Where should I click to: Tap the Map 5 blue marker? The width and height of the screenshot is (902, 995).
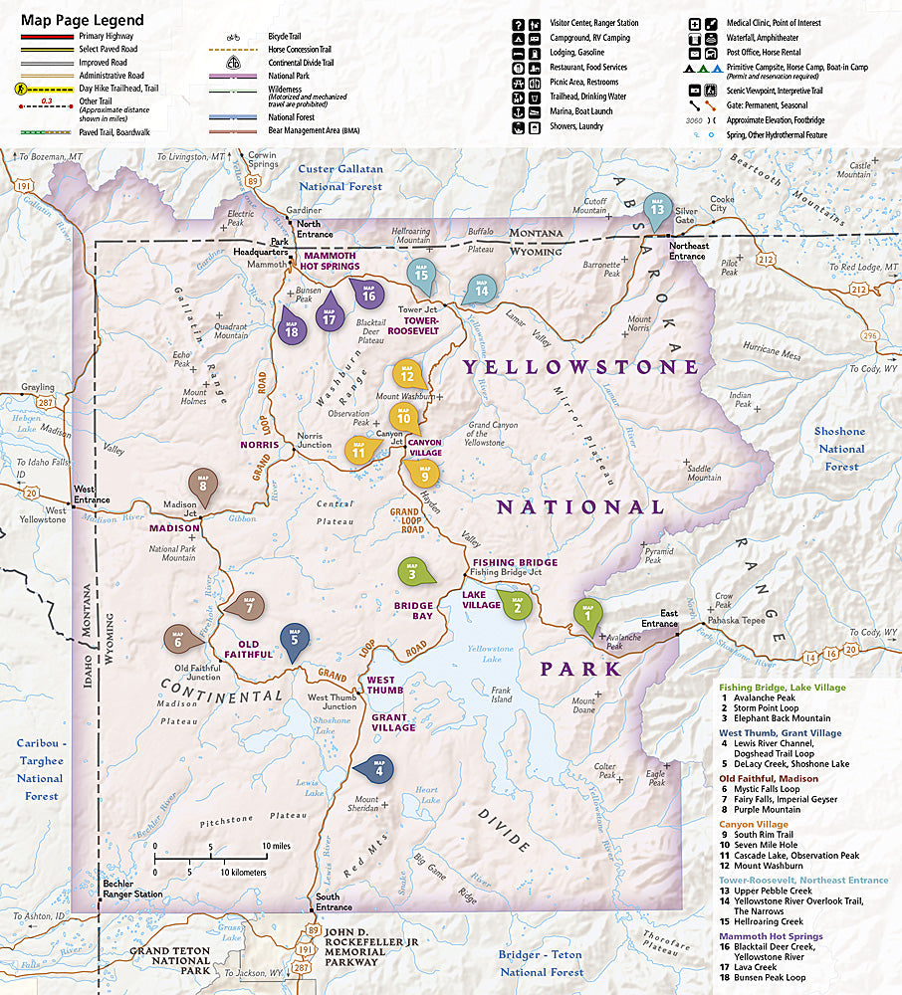tap(293, 638)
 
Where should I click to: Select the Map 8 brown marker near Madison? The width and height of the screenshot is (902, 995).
tap(203, 485)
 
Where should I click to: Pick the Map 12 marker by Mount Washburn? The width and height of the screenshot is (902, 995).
tap(407, 374)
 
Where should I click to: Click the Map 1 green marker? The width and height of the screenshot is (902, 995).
tap(587, 614)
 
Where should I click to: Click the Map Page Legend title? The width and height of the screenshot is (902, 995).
tap(82, 20)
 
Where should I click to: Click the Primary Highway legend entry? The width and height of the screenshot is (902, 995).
tap(106, 36)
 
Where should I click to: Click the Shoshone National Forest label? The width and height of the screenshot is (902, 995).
tap(840, 448)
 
